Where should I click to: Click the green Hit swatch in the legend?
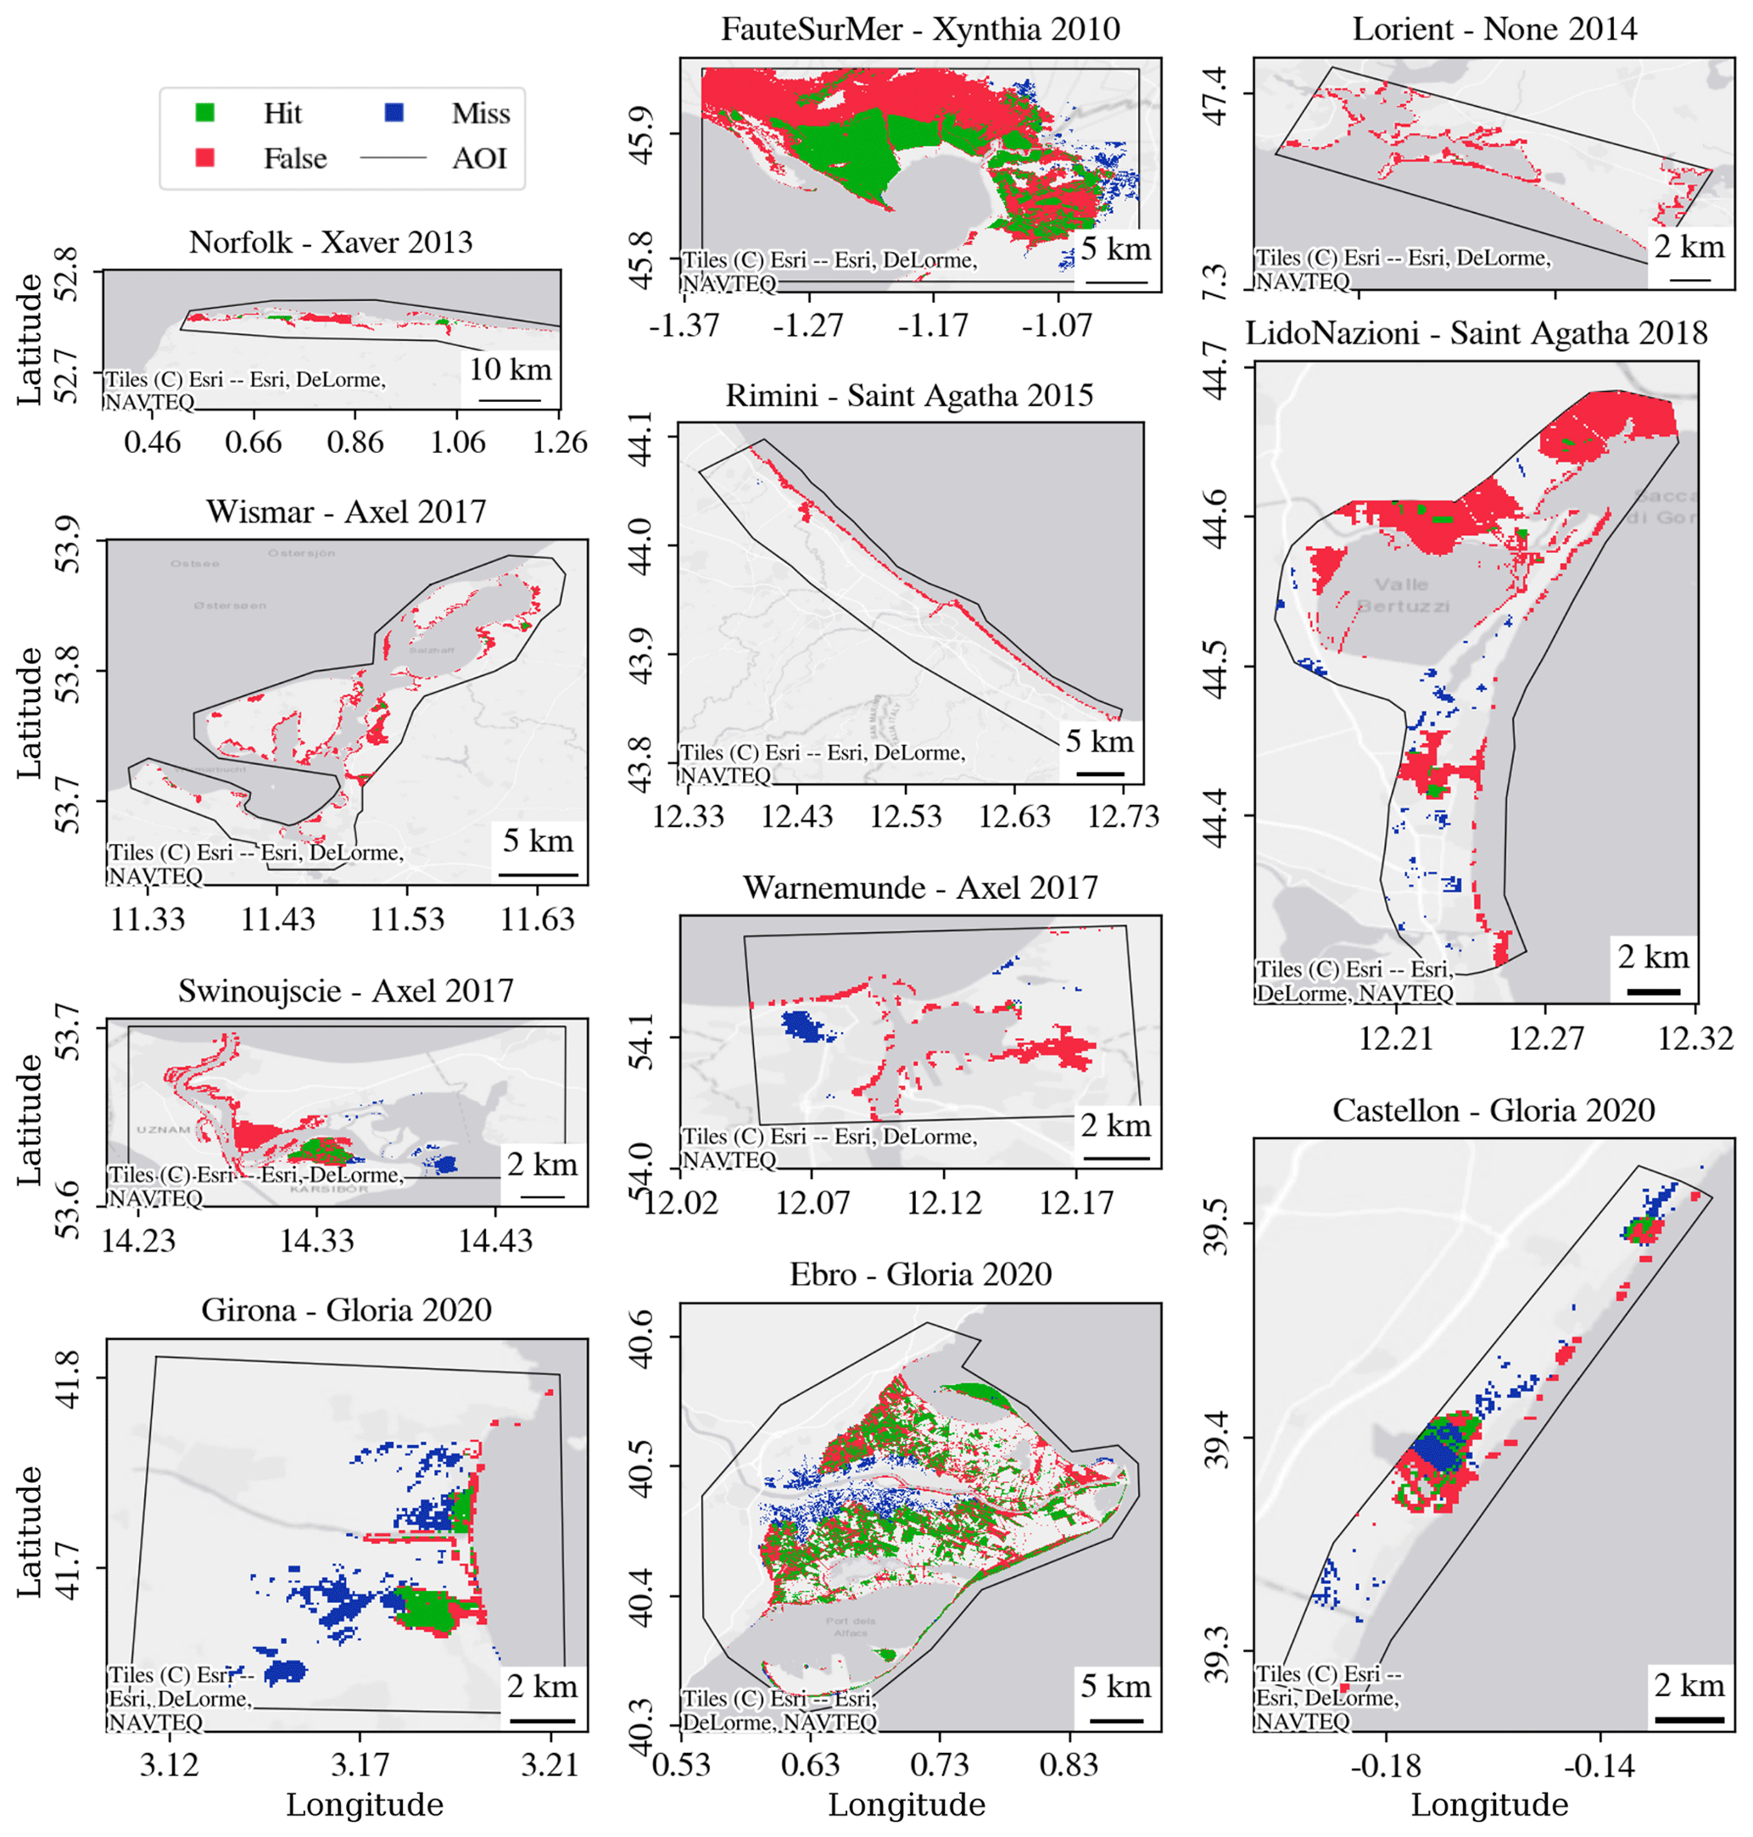pyautogui.click(x=204, y=113)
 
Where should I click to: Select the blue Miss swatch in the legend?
pyautogui.click(x=394, y=113)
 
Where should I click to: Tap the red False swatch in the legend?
pyautogui.click(x=204, y=158)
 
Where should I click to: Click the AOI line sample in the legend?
pyautogui.click(x=394, y=158)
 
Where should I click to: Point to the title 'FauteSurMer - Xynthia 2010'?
pyautogui.click(x=920, y=30)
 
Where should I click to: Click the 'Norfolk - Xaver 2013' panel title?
pyautogui.click(x=331, y=243)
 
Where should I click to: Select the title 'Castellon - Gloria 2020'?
pyautogui.click(x=1493, y=1110)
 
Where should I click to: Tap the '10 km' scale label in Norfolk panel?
pyautogui.click(x=511, y=369)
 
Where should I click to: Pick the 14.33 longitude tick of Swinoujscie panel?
pyautogui.click(x=318, y=1240)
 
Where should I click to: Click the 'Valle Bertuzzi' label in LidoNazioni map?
pyautogui.click(x=1402, y=595)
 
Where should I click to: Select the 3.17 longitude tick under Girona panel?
pyautogui.click(x=360, y=1764)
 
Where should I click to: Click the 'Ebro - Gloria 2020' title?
pyautogui.click(x=920, y=1275)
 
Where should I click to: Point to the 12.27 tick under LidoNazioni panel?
pyautogui.click(x=1545, y=1038)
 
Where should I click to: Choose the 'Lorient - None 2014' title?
pyautogui.click(x=1494, y=30)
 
